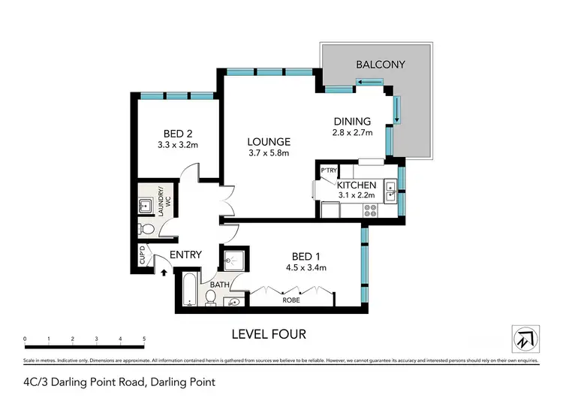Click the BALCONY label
pos(380,65)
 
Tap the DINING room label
pos(352,122)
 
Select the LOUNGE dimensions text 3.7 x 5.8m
pos(269,154)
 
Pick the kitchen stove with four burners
pos(370,211)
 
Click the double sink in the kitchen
pos(390,192)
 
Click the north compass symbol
pos(525,339)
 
